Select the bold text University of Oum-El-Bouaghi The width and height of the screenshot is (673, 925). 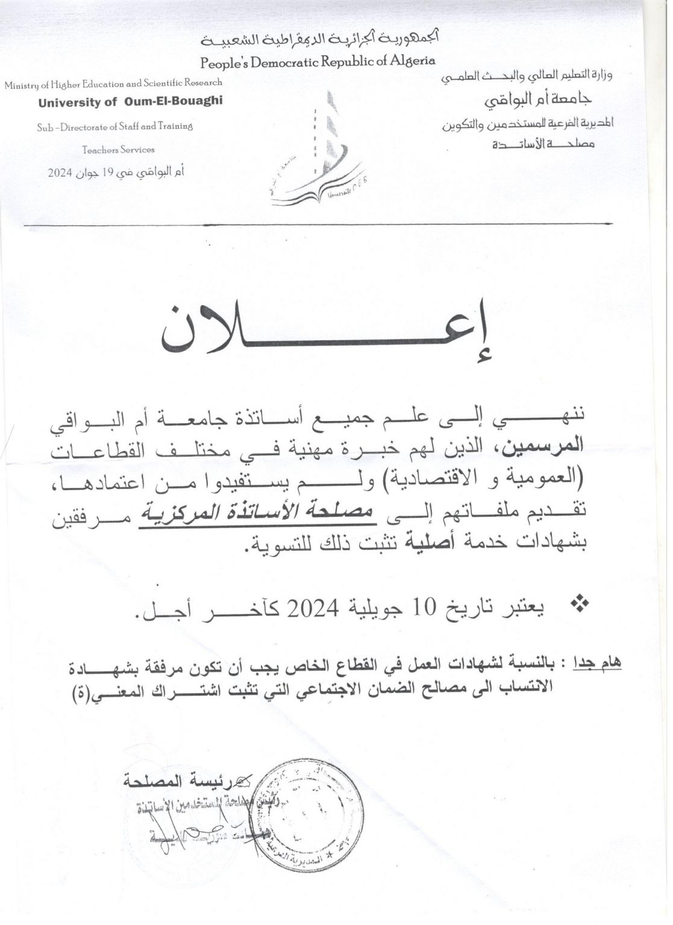pyautogui.click(x=130, y=102)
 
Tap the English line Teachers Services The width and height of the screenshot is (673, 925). pyautogui.click(x=118, y=149)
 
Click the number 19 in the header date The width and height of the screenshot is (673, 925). pyautogui.click(x=108, y=172)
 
